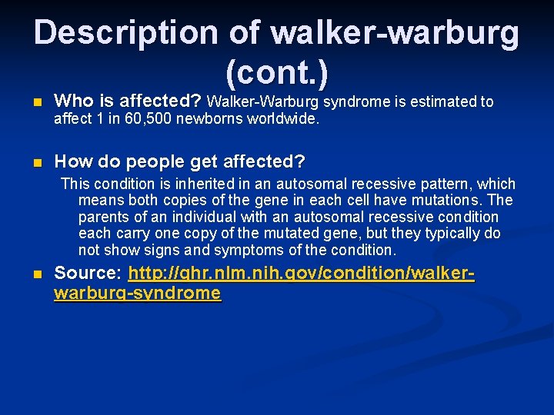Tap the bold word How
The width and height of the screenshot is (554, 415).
pyautogui.click(x=72, y=162)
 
